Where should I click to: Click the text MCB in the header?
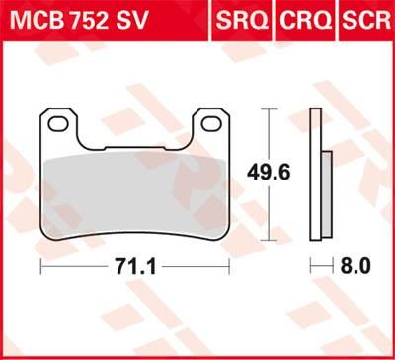(x=34, y=19)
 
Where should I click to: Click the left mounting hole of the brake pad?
(x=59, y=125)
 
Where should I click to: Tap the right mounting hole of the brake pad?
(x=210, y=125)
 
